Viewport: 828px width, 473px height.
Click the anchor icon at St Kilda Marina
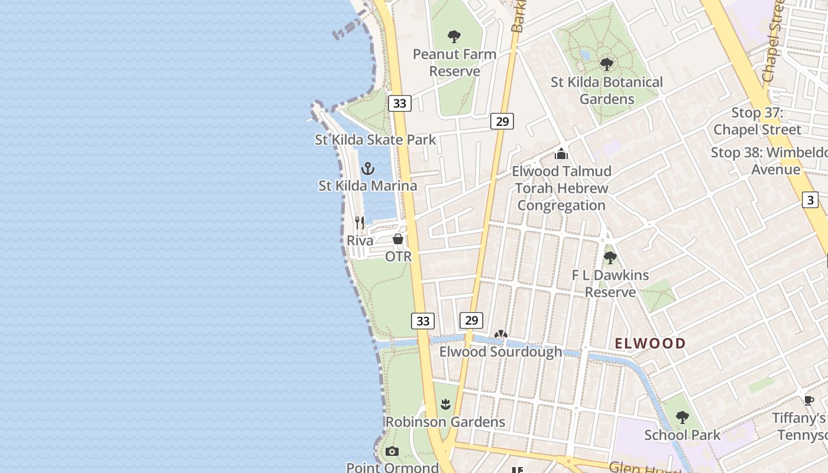(x=368, y=169)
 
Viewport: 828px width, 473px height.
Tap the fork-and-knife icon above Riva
(x=360, y=223)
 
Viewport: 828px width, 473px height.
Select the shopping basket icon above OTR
(x=398, y=239)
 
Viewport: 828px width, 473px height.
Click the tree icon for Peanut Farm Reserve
(x=454, y=37)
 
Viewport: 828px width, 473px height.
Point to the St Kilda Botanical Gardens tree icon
(x=606, y=64)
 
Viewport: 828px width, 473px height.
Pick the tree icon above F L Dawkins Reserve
(x=610, y=258)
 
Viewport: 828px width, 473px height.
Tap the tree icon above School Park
(x=683, y=417)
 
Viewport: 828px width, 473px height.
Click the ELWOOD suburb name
(x=650, y=344)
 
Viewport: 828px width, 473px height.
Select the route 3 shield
(x=810, y=200)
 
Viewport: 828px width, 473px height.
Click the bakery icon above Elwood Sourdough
(x=501, y=335)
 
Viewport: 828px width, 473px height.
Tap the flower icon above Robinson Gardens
(x=445, y=404)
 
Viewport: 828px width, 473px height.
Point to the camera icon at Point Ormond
(x=392, y=452)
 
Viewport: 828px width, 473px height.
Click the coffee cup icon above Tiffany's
(x=808, y=400)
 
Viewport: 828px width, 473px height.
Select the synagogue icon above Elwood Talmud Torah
(x=561, y=154)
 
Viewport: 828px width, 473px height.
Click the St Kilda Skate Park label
(x=375, y=140)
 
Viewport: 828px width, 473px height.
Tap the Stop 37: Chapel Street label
(x=757, y=121)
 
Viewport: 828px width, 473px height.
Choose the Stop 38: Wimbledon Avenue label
(x=769, y=161)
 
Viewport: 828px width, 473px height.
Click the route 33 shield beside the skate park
(x=400, y=103)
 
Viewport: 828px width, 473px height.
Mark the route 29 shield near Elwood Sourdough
(x=471, y=320)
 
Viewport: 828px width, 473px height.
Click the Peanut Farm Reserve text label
(x=454, y=63)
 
